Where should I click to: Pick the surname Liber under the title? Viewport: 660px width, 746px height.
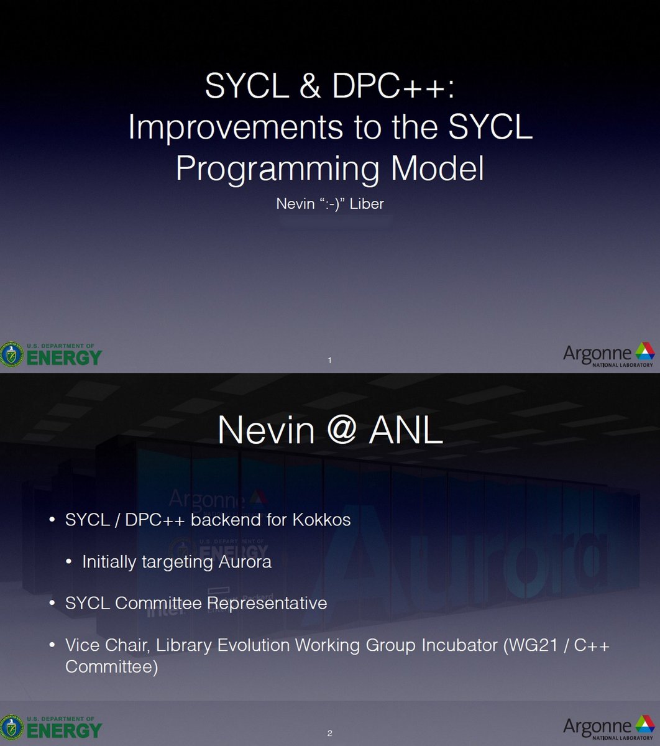[367, 204]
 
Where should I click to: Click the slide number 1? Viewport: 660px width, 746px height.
[329, 360]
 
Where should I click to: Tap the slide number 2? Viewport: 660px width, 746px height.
[330, 734]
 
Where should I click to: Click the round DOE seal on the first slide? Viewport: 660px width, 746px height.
[11, 355]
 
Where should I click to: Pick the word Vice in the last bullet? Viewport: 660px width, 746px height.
[78, 645]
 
